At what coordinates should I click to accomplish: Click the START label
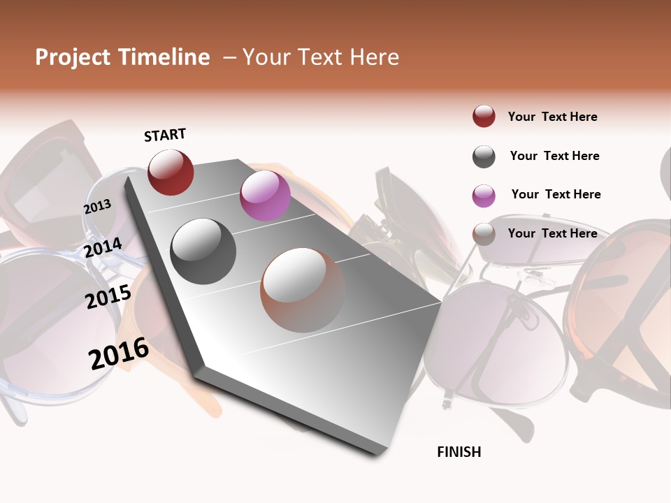(x=165, y=135)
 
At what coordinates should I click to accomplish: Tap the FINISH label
(x=459, y=452)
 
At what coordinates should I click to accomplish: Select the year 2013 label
(x=98, y=207)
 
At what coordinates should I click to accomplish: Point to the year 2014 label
(x=103, y=248)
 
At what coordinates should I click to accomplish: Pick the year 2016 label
(x=119, y=353)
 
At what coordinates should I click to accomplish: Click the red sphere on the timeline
(x=171, y=172)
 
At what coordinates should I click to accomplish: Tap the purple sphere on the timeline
(x=265, y=196)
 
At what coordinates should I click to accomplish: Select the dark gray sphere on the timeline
(x=203, y=251)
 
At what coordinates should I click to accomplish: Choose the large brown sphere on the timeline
(x=303, y=290)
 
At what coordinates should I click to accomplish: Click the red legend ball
(x=484, y=117)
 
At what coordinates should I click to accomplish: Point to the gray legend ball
(x=484, y=156)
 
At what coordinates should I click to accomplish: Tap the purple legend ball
(x=484, y=196)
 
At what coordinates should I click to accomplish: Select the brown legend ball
(x=484, y=234)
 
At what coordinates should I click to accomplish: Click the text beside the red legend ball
(x=553, y=117)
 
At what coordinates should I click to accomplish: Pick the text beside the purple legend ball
(x=556, y=194)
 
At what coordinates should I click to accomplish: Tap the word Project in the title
(x=72, y=57)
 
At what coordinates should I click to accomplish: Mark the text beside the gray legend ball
(x=555, y=156)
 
